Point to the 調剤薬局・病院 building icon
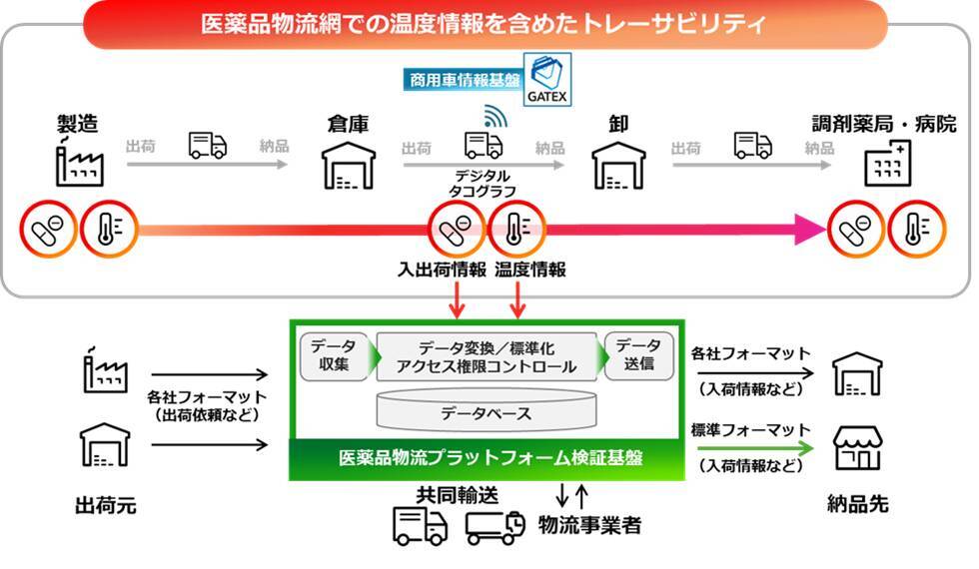pos(887,163)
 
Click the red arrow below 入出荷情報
pos(456,297)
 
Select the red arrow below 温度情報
pos(517,297)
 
